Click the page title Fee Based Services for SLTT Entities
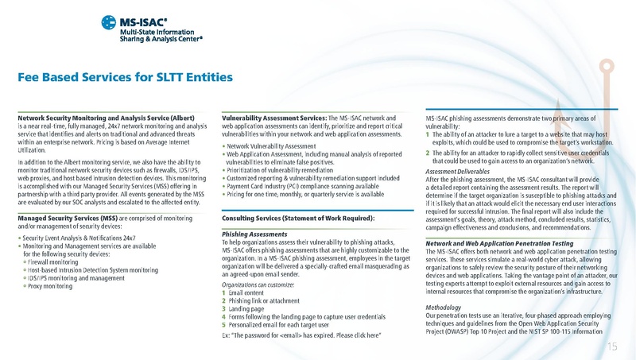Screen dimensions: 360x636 pyautogui.click(x=125, y=77)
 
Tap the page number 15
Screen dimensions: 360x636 pyautogui.click(x=612, y=346)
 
